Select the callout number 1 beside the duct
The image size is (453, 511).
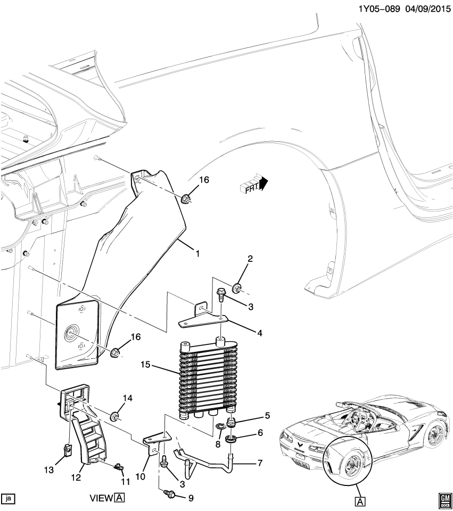(197, 254)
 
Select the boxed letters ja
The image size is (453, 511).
(9, 499)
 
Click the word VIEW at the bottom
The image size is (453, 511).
(101, 499)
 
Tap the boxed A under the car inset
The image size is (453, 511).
(360, 500)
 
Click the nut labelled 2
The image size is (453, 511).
(237, 289)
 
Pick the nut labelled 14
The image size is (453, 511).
(114, 416)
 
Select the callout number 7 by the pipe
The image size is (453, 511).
(260, 463)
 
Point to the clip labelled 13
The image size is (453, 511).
(68, 450)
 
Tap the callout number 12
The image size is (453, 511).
(76, 477)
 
